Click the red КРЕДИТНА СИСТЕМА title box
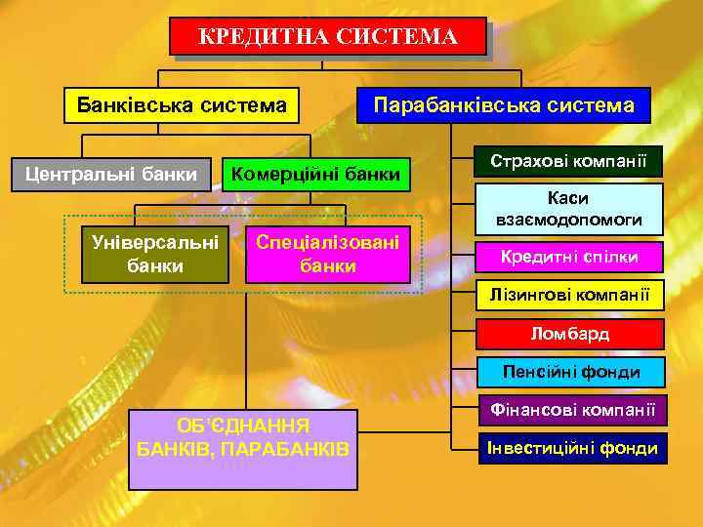pos(327,37)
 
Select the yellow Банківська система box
pos(182,104)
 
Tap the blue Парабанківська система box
pos(504,104)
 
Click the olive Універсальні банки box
pos(154,253)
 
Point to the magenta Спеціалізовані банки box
pos(327,253)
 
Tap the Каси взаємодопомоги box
pos(568,208)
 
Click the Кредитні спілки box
pos(568,257)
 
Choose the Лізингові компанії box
pos(568,294)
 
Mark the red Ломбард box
pos(568,334)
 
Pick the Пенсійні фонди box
pos(568,372)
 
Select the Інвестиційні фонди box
pos(568,448)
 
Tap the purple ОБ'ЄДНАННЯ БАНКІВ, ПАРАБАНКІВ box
pos(243,448)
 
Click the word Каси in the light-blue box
pos(568,198)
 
